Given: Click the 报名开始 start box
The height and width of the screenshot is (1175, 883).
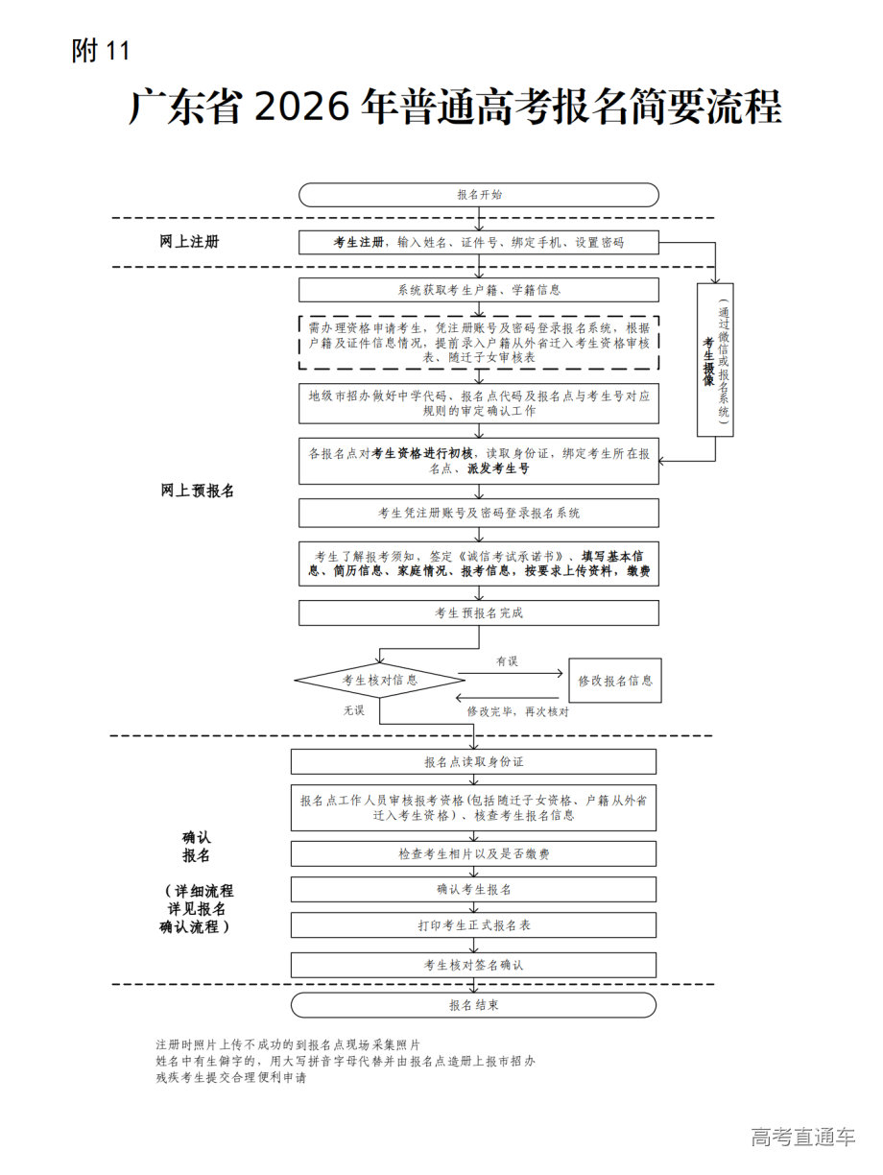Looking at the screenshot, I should tap(479, 195).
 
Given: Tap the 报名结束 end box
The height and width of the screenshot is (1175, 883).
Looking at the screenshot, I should tap(474, 1005).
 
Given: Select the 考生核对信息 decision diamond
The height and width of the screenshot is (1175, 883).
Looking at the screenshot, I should tap(379, 680).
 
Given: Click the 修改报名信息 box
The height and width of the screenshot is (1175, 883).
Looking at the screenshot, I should tap(615, 681).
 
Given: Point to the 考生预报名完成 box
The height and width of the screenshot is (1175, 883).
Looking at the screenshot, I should tap(479, 612).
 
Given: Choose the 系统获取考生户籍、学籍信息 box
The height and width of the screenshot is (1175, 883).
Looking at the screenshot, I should tap(479, 290).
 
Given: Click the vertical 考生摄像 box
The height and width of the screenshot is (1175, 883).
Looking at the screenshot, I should tap(715, 360).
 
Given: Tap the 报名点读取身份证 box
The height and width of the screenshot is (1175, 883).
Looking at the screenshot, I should tap(474, 761).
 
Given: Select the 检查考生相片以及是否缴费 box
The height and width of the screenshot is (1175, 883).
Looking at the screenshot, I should tap(474, 853).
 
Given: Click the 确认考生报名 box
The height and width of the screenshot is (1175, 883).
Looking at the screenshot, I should tap(474, 889).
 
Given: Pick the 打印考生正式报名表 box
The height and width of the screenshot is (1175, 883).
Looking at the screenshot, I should tap(474, 924).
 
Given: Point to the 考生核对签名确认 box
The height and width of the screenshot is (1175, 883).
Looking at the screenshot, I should tap(474, 965).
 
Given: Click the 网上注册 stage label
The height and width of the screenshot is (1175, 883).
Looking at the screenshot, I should tap(189, 241).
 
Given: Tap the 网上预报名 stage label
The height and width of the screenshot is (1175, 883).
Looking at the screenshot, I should tap(197, 491).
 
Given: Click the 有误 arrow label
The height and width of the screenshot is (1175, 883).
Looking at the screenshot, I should tap(507, 661).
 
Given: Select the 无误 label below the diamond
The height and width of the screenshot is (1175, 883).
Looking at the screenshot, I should tap(354, 710).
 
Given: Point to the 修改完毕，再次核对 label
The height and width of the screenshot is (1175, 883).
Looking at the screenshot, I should tap(517, 711).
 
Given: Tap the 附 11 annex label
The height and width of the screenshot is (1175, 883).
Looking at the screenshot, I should tap(101, 51).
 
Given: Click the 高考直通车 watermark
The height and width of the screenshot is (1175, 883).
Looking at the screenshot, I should tap(802, 1138).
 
